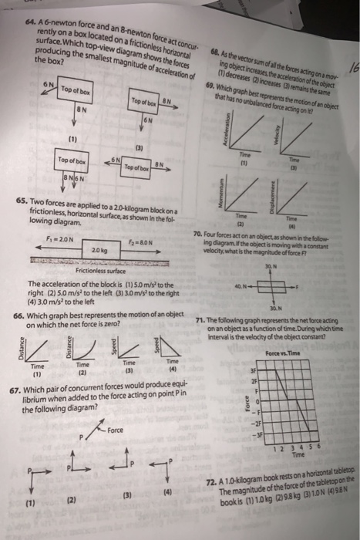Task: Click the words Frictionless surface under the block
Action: (97, 271)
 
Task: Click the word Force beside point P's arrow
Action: (116, 429)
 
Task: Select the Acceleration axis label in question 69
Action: (225, 137)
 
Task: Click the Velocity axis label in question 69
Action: (287, 137)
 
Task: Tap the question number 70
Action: (200, 233)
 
